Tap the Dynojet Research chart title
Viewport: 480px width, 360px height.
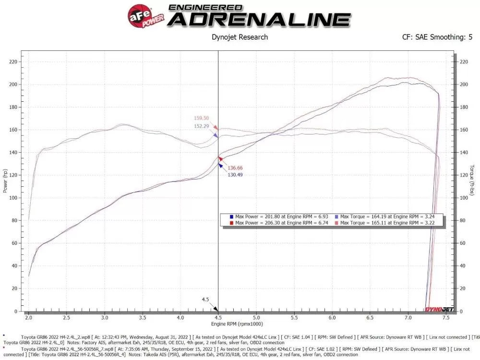click(240, 37)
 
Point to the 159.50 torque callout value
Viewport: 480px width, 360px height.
click(201, 118)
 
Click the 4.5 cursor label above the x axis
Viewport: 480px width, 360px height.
click(205, 300)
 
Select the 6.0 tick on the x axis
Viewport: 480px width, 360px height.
click(332, 318)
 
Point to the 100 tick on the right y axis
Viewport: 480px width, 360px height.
click(464, 198)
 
